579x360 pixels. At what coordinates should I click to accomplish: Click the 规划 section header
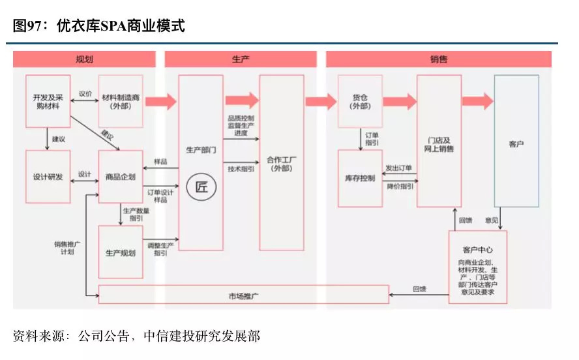pyautogui.click(x=85, y=59)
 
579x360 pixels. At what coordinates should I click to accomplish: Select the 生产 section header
pyautogui.click(x=240, y=59)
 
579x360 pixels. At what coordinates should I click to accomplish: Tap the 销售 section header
pyautogui.click(x=439, y=59)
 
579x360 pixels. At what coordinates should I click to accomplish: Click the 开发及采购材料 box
pyautogui.click(x=48, y=101)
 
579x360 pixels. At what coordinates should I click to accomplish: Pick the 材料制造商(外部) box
pyautogui.click(x=121, y=101)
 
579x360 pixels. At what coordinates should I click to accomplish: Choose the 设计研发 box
pyautogui.click(x=48, y=176)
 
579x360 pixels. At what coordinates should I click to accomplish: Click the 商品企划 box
pyautogui.click(x=121, y=176)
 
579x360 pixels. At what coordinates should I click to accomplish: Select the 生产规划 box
pyautogui.click(x=121, y=252)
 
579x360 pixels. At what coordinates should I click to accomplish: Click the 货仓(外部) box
pyautogui.click(x=360, y=101)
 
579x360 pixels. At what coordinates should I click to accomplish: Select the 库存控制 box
pyautogui.click(x=360, y=178)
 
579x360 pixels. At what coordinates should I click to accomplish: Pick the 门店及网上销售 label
pyautogui.click(x=439, y=144)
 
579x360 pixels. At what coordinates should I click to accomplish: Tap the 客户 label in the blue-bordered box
pyautogui.click(x=516, y=143)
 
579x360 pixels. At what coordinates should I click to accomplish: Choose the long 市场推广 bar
pyautogui.click(x=243, y=295)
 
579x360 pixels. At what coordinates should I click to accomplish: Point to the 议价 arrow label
pyautogui.click(x=85, y=94)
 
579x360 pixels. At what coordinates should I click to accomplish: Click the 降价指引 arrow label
pyautogui.click(x=399, y=187)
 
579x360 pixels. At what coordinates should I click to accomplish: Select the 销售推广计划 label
pyautogui.click(x=67, y=248)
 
